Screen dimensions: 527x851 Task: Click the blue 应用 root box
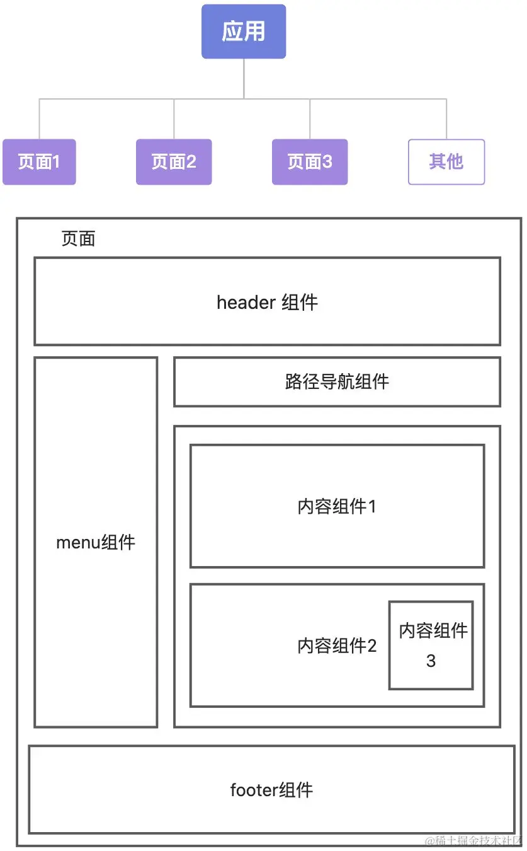coord(244,32)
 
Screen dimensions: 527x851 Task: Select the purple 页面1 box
coord(39,162)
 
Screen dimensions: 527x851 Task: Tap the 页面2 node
coord(174,162)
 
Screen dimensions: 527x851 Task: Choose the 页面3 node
coord(310,162)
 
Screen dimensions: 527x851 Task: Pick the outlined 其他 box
coord(446,162)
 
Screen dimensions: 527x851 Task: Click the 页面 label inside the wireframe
coord(78,239)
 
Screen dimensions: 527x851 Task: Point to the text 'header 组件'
coord(267,303)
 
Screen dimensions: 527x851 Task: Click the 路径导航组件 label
coord(337,381)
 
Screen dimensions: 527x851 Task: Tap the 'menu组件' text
coord(96,542)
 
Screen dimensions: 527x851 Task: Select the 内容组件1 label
coord(337,506)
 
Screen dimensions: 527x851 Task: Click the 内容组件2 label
coord(337,645)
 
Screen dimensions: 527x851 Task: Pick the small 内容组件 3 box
coord(431,645)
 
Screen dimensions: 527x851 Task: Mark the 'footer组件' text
coord(271,790)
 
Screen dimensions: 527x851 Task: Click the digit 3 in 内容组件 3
coord(431,661)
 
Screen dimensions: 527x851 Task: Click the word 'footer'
coord(251,790)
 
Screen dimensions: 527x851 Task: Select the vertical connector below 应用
coord(244,78)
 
